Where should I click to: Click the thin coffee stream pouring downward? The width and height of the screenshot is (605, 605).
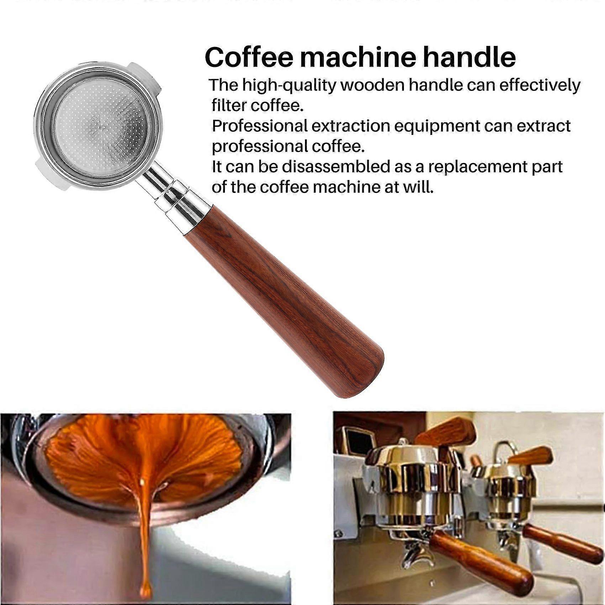[x=144, y=527]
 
